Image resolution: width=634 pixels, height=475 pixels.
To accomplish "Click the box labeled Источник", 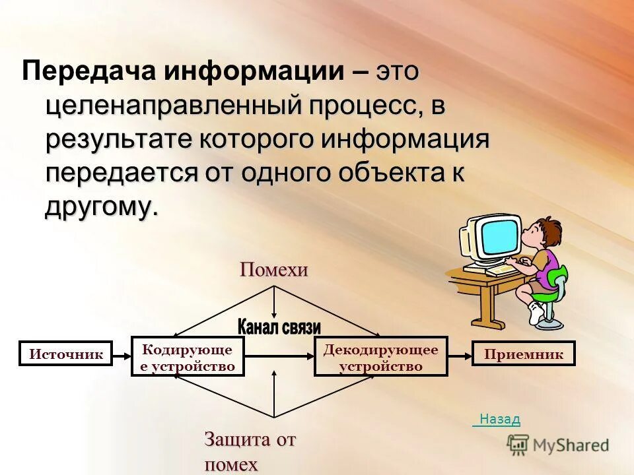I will [66, 354].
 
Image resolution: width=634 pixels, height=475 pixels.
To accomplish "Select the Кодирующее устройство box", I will [188, 357].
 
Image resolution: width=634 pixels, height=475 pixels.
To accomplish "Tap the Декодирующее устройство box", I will [380, 357].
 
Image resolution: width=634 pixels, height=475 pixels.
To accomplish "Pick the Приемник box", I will [524, 354].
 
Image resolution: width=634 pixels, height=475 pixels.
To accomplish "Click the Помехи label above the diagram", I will [274, 270].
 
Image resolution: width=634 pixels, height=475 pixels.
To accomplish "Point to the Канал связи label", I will [279, 327].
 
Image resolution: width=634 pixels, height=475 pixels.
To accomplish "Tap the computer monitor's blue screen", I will [499, 236].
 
